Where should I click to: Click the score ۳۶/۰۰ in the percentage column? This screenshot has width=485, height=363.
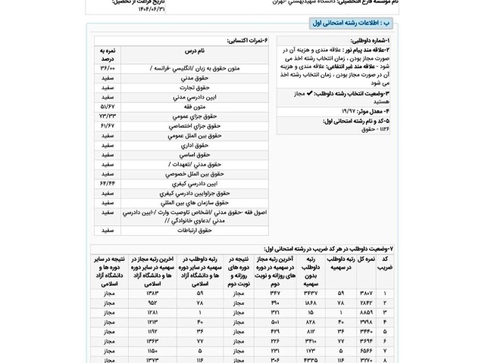107,69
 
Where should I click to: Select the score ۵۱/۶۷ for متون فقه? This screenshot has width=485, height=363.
107,107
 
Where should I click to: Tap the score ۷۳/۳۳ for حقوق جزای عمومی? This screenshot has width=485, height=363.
107,116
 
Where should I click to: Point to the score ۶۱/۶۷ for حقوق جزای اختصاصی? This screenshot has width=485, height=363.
107,126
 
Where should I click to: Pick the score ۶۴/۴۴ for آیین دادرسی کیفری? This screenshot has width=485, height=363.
107,183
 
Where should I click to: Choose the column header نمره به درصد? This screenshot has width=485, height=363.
107,54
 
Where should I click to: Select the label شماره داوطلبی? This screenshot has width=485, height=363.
372,40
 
